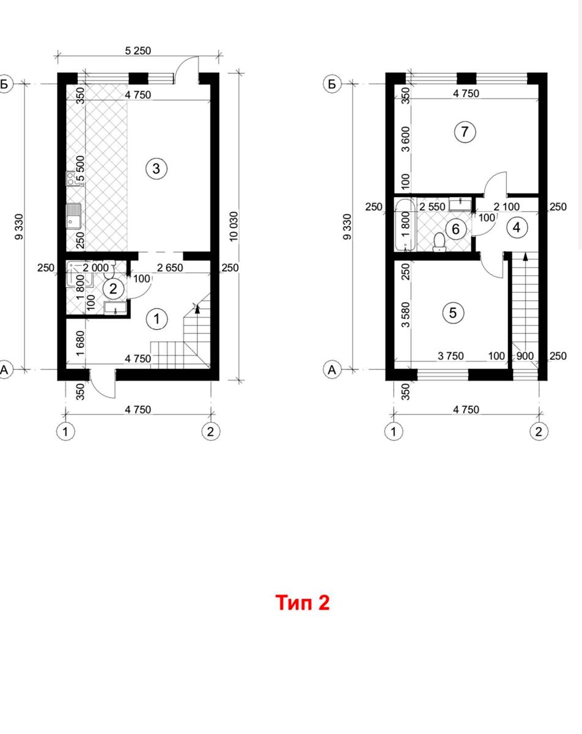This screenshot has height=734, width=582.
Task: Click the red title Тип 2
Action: tap(303, 602)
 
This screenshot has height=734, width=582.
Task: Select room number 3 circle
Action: tap(156, 168)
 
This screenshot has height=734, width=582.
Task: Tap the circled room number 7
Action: tap(465, 132)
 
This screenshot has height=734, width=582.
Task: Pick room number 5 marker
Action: tap(453, 313)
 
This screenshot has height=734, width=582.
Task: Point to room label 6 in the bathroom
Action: tap(456, 229)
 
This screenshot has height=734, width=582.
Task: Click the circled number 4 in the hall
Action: tap(517, 227)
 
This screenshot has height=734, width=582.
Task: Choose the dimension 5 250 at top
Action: tap(138, 51)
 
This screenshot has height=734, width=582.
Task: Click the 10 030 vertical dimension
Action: tap(234, 226)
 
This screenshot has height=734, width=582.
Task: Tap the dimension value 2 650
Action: tap(170, 267)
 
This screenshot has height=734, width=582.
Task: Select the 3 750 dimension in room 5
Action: tap(451, 356)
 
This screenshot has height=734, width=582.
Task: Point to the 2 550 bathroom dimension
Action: tap(432, 207)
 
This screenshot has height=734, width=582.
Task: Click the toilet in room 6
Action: tap(439, 242)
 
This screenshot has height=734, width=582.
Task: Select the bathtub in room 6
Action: tap(405, 225)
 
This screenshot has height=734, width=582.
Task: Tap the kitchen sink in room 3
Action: tap(73, 216)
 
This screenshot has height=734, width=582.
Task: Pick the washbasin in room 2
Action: tap(116, 308)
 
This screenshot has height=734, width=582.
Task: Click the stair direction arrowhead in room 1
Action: tap(197, 308)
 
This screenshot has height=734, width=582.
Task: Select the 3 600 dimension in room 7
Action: tap(406, 139)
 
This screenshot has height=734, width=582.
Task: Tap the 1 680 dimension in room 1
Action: tap(80, 343)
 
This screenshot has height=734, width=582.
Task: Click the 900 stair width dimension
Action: tap(525, 356)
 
